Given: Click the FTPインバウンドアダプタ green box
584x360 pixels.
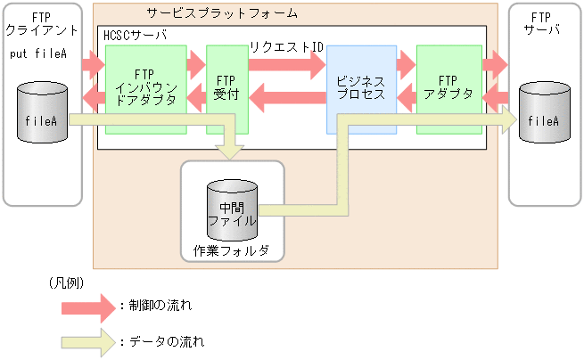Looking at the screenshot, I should (x=145, y=89).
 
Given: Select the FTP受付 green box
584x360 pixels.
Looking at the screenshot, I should (x=226, y=89).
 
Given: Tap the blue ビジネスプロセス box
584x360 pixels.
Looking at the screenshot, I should (x=360, y=89).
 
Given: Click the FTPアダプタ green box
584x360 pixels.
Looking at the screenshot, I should (x=449, y=89).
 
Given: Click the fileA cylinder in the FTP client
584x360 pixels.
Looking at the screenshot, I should (x=43, y=114).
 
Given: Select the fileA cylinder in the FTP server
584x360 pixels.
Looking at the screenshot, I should (x=544, y=114).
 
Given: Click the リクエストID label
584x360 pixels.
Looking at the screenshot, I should (x=286, y=46).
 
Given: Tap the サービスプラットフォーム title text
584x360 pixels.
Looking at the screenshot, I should (x=220, y=14).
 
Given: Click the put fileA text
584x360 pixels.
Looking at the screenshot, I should (x=39, y=53).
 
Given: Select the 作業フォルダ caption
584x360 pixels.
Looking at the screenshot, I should (x=231, y=250).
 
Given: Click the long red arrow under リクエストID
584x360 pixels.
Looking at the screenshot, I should (x=287, y=64).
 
